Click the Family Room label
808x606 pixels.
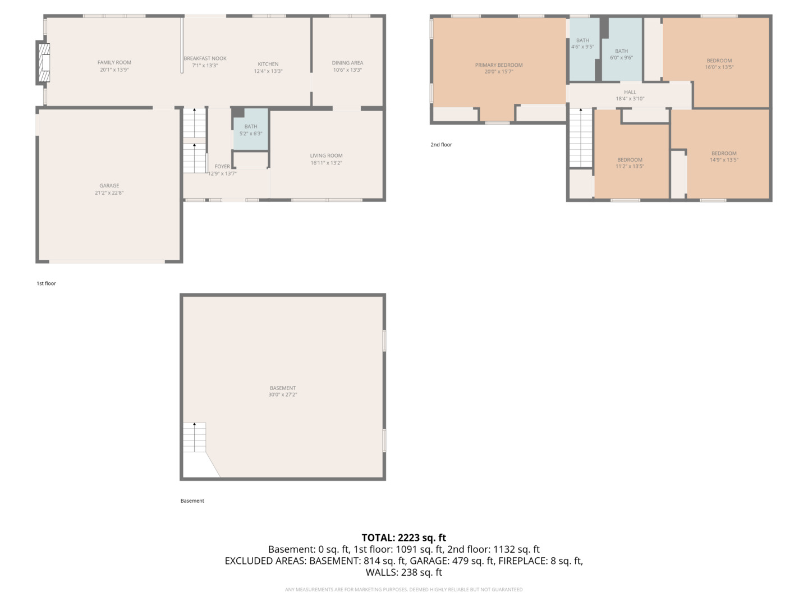pyautogui.click(x=114, y=62)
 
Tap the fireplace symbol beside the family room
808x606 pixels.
pyautogui.click(x=43, y=62)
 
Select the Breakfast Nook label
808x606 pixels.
pyautogui.click(x=205, y=58)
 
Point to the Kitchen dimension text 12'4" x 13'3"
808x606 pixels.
pyautogui.click(x=268, y=71)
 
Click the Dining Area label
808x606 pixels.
pyautogui.click(x=347, y=63)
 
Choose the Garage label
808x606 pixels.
pyautogui.click(x=109, y=186)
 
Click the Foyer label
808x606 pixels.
pyautogui.click(x=222, y=167)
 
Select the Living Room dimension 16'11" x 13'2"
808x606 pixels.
pyautogui.click(x=326, y=163)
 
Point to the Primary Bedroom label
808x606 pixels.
pyautogui.click(x=499, y=65)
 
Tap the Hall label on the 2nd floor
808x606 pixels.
pyautogui.click(x=630, y=93)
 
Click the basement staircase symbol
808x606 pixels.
pyautogui.click(x=195, y=437)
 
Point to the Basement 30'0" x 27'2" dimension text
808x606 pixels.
pyautogui.click(x=283, y=395)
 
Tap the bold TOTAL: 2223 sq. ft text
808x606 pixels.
pyautogui.click(x=404, y=538)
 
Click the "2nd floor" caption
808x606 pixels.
pyautogui.click(x=442, y=145)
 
